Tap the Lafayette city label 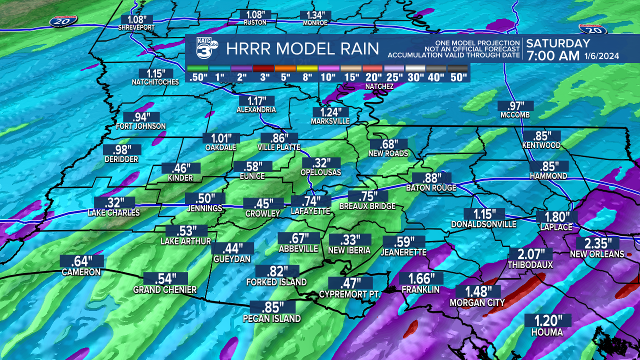(310, 211)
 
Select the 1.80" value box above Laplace (556, 216)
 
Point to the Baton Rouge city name (431, 188)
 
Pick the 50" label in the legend (457, 77)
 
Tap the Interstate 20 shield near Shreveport (59, 21)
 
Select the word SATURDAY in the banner (558, 43)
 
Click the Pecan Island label (272, 318)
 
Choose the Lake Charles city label (113, 212)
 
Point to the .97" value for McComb (516, 105)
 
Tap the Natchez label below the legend (379, 86)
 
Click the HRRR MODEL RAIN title (302, 49)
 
